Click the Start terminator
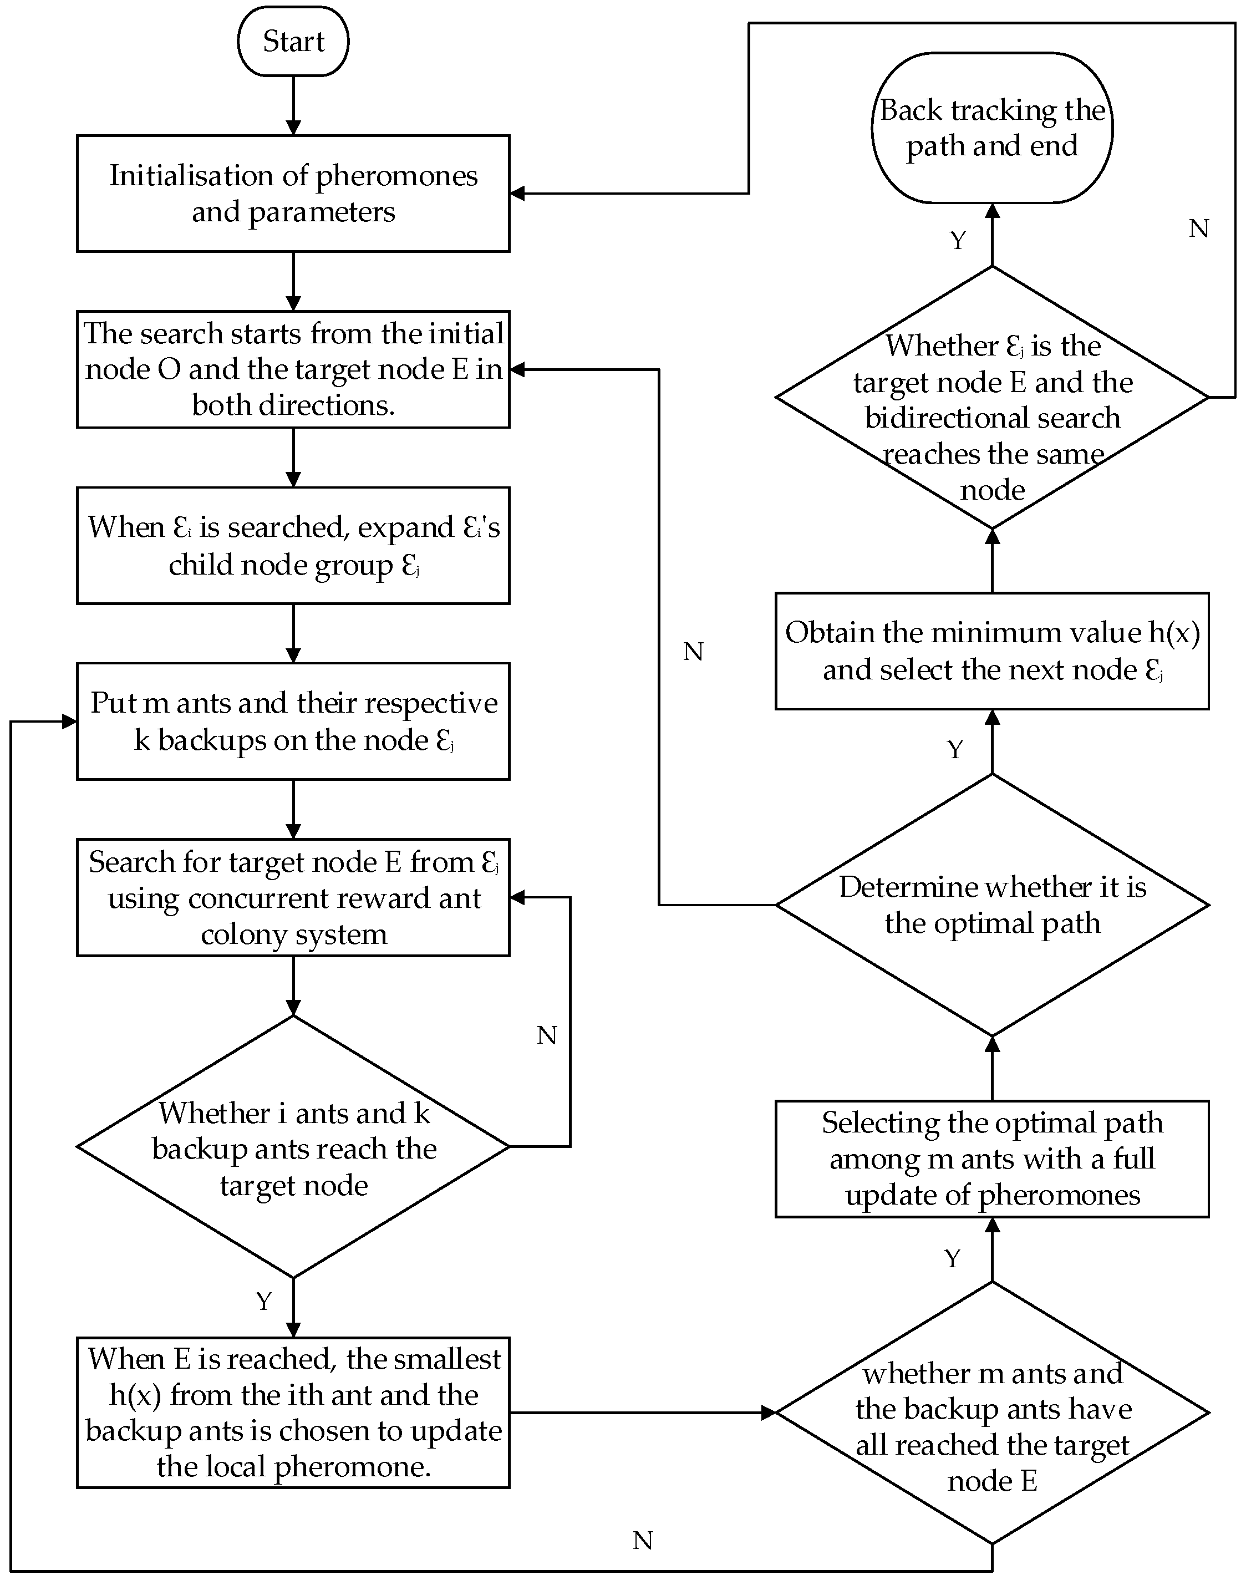tap(293, 41)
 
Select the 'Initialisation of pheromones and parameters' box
tap(293, 194)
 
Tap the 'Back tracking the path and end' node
tap(991, 128)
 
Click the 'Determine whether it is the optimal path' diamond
tap(991, 905)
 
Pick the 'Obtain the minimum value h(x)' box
tap(991, 651)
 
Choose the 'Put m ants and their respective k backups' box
tap(293, 721)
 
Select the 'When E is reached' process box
tap(293, 1412)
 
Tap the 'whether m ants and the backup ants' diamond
tap(991, 1412)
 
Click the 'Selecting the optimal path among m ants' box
tap(991, 1159)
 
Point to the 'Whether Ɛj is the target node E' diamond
tap(991, 398)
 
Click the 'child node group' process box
tap(293, 545)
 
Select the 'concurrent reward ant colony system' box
tap(293, 897)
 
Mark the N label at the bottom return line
tap(642, 1541)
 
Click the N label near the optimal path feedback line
tap(693, 651)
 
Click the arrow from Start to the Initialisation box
tap(293, 106)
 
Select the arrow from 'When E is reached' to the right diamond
tap(642, 1412)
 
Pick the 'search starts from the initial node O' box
tap(293, 369)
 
